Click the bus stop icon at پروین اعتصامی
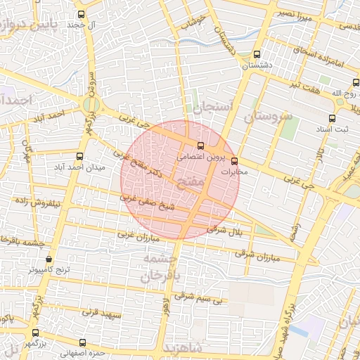(x=201, y=146)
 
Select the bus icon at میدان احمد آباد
(x=79, y=156)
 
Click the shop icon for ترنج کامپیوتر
(x=48, y=259)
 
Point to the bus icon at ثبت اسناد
(x=332, y=119)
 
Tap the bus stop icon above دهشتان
(x=257, y=54)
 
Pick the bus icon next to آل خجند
(x=82, y=14)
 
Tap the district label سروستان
(x=268, y=116)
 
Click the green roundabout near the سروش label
(x=90, y=105)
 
